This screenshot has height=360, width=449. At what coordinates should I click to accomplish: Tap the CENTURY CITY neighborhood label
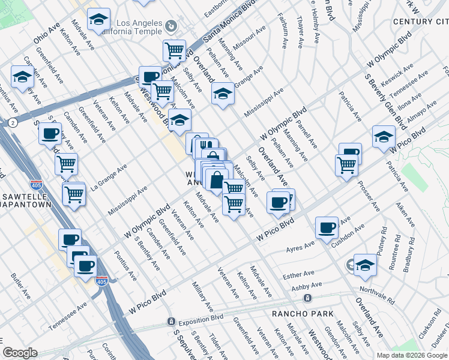(x=420, y=22)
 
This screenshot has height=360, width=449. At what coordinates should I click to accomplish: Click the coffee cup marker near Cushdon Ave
(x=327, y=228)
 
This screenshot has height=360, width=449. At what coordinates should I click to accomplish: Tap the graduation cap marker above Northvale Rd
(x=365, y=264)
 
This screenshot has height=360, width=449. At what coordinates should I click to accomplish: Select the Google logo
(x=20, y=353)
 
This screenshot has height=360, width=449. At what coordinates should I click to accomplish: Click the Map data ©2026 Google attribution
(x=412, y=355)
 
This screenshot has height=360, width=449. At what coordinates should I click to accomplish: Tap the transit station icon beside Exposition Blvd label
(x=171, y=322)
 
